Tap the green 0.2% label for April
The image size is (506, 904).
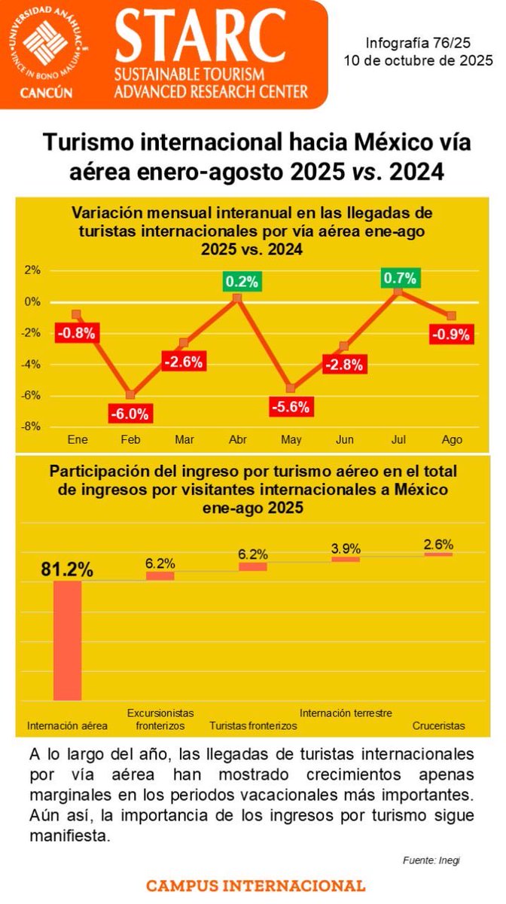tap(241, 282)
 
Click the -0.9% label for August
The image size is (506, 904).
tap(451, 333)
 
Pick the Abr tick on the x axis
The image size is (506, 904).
tap(237, 439)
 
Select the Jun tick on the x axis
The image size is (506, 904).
tap(344, 439)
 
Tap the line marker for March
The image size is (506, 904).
tap(184, 343)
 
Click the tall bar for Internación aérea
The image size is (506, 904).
tap(67, 640)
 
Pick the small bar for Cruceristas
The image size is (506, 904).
tap(438, 554)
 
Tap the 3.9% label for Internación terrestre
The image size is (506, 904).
tap(346, 548)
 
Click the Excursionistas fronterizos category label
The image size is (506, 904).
tap(160, 719)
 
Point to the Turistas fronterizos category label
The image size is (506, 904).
tap(253, 725)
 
